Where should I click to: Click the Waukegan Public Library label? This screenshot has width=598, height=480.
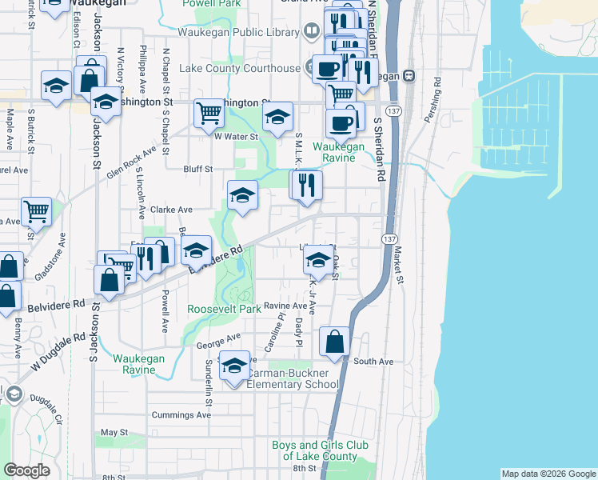pyautogui.click(x=238, y=31)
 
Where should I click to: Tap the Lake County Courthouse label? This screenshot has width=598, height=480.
pyautogui.click(x=239, y=68)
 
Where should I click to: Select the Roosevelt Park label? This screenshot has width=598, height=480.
pyautogui.click(x=224, y=309)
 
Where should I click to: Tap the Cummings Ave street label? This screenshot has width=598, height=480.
pyautogui.click(x=181, y=415)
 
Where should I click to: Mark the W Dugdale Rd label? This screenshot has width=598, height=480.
pyautogui.click(x=59, y=353)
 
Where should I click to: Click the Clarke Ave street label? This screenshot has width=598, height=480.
pyautogui.click(x=172, y=210)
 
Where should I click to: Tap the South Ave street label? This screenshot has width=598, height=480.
pyautogui.click(x=374, y=362)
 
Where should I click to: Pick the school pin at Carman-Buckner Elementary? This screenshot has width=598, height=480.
pyautogui.click(x=234, y=365)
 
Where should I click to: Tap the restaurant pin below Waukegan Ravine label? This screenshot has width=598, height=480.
pyautogui.click(x=305, y=185)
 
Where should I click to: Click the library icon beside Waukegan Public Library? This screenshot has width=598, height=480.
pyautogui.click(x=310, y=31)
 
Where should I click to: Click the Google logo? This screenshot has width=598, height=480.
pyautogui.click(x=26, y=470)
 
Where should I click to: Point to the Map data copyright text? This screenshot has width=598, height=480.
pyautogui.click(x=548, y=474)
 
